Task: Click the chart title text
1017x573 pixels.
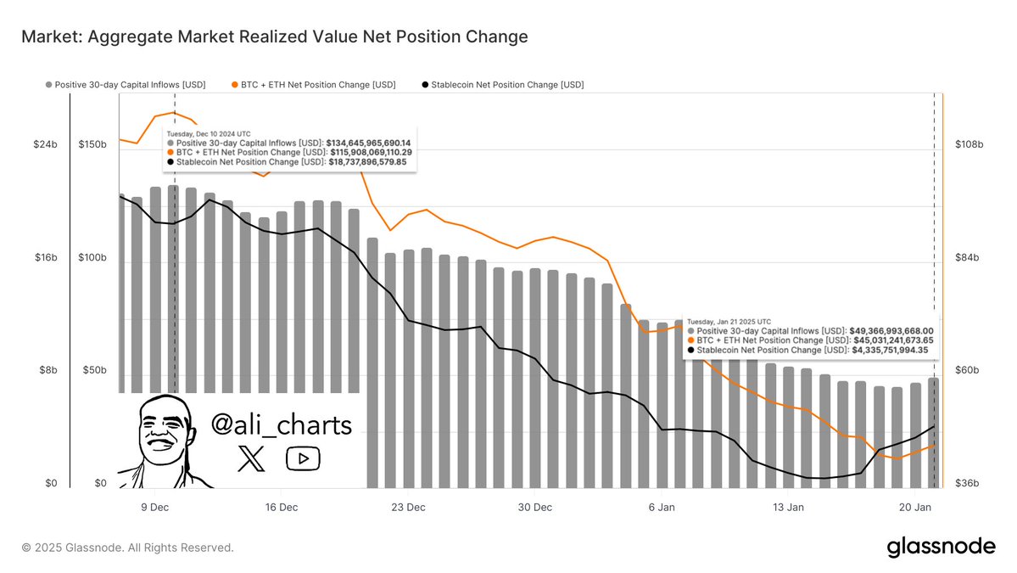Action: pyautogui.click(x=274, y=37)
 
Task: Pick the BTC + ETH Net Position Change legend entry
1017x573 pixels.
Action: pyautogui.click(x=312, y=85)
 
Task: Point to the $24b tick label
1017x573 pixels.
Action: pyautogui.click(x=45, y=145)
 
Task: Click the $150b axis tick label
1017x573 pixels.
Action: pyautogui.click(x=92, y=145)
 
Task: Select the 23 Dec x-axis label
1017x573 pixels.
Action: pyautogui.click(x=408, y=507)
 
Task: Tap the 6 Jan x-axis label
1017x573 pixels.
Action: pyautogui.click(x=662, y=507)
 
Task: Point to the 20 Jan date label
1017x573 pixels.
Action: pyautogui.click(x=914, y=507)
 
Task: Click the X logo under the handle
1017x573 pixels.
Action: pyautogui.click(x=251, y=459)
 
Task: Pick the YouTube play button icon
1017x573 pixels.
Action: pyautogui.click(x=303, y=459)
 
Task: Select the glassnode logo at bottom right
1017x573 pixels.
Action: pyautogui.click(x=941, y=547)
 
